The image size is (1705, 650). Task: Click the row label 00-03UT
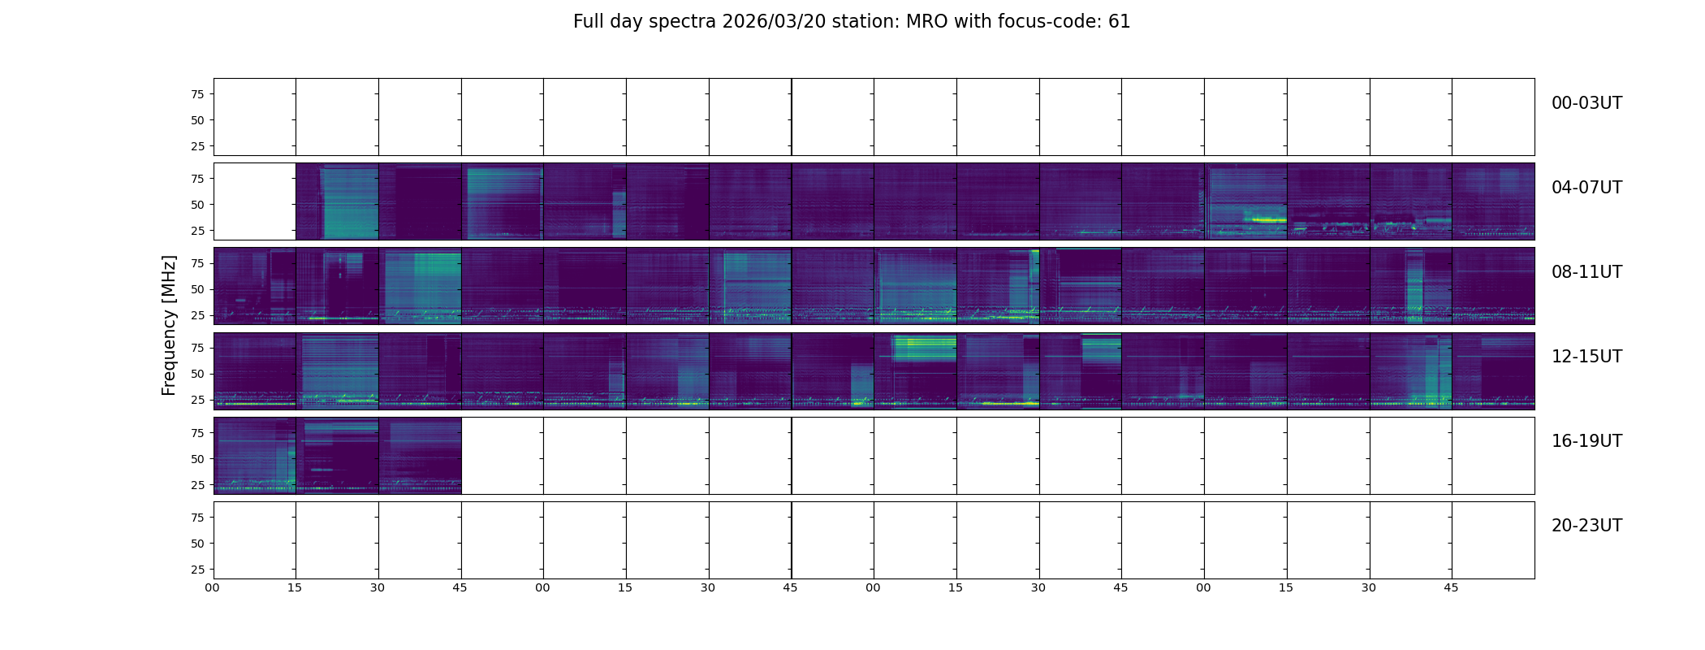click(x=1586, y=103)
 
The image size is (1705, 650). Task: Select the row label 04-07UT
click(x=1586, y=188)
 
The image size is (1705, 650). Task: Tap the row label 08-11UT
click(x=1586, y=272)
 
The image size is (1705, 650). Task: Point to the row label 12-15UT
click(x=1586, y=357)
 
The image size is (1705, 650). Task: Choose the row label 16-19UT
click(x=1586, y=441)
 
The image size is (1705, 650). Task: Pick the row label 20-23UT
click(x=1586, y=526)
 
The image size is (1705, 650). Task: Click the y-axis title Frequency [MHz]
click(x=169, y=325)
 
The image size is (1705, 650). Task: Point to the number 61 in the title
click(x=1120, y=22)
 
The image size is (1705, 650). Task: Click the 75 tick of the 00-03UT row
click(x=197, y=94)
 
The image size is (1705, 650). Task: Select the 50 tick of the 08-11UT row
click(x=197, y=289)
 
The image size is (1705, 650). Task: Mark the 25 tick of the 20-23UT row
click(x=197, y=570)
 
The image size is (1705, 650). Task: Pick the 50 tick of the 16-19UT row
click(x=197, y=459)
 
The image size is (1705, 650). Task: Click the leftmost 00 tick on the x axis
click(x=212, y=587)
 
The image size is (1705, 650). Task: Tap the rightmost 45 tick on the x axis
click(x=1451, y=587)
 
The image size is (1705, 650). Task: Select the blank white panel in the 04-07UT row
click(x=254, y=201)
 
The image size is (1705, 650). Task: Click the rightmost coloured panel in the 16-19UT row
click(x=420, y=455)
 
